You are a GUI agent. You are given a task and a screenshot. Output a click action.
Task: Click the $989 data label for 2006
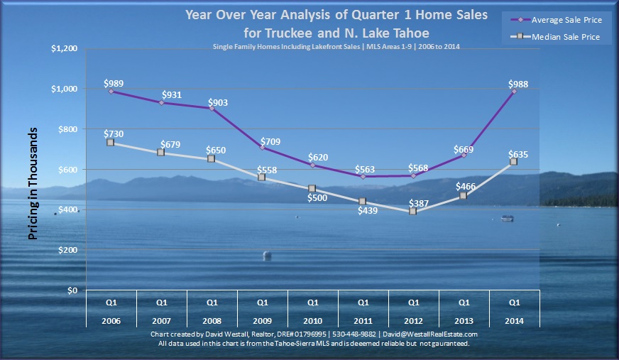tap(114, 83)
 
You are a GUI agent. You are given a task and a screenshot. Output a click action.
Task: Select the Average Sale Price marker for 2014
tap(514, 91)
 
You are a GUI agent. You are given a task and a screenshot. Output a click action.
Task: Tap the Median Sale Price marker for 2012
tap(412, 211)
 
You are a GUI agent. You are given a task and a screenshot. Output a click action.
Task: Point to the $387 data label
tap(418, 203)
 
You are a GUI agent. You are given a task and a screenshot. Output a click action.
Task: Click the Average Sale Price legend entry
tap(557, 20)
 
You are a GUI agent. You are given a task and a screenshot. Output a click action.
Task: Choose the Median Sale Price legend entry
tap(555, 37)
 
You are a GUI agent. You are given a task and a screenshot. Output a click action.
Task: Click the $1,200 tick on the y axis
tap(64, 48)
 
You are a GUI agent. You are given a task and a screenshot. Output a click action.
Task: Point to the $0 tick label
tap(72, 290)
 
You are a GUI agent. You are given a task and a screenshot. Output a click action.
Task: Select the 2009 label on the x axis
tap(263, 321)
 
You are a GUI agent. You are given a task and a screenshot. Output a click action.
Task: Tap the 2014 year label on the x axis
tap(515, 321)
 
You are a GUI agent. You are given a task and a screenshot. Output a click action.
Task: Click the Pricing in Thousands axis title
tap(33, 184)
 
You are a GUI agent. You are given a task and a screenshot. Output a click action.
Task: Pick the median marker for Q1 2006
tap(111, 143)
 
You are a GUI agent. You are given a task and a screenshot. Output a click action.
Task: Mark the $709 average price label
tap(270, 141)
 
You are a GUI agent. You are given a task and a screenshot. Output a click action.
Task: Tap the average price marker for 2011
tap(363, 176)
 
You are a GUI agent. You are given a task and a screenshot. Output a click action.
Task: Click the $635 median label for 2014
tap(518, 154)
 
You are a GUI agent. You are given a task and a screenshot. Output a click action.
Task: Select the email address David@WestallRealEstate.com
tap(430, 334)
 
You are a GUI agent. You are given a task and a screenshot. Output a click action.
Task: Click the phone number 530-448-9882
tap(354, 334)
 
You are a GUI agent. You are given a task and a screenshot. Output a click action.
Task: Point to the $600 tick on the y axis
tap(68, 169)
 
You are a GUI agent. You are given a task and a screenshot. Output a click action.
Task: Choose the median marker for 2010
tap(312, 189)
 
